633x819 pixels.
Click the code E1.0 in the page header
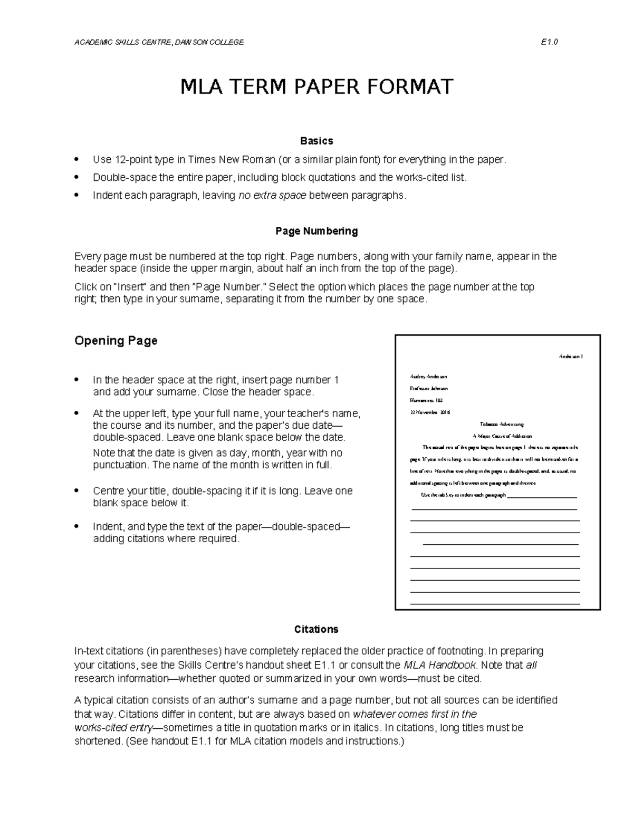549,42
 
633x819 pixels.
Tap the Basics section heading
316,141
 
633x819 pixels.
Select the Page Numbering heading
316,231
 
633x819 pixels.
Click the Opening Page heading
116,341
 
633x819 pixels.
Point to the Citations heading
316,629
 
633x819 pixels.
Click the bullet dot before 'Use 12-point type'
78,159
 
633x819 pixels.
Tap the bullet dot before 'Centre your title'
78,491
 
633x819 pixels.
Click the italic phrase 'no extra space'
272,196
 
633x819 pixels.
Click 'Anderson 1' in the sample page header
570,356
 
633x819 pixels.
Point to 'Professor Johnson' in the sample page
428,388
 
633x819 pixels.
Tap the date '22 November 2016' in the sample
430,412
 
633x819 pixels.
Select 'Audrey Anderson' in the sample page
428,377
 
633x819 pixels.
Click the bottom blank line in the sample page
495,603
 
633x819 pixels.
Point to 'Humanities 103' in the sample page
426,400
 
